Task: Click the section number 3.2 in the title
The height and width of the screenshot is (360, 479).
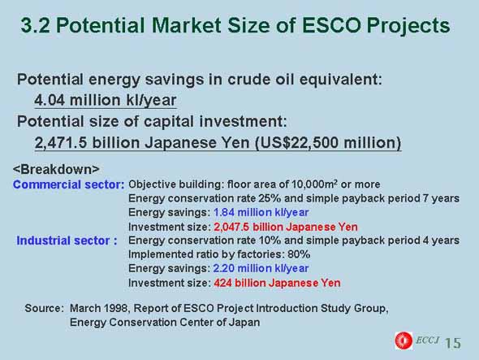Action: pyautogui.click(x=36, y=25)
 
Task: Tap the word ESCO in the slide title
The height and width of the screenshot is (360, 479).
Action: pyautogui.click(x=331, y=25)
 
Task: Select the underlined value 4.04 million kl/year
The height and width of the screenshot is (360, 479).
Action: pyautogui.click(x=106, y=100)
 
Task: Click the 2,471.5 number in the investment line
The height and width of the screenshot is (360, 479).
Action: pyautogui.click(x=61, y=143)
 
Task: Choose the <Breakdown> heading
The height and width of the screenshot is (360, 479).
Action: pyautogui.click(x=56, y=169)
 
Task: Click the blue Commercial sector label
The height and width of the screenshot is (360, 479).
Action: pyautogui.click(x=68, y=184)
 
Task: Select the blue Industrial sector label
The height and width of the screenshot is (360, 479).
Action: pyautogui.click(x=67, y=241)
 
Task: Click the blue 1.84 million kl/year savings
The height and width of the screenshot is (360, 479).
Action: pyautogui.click(x=261, y=212)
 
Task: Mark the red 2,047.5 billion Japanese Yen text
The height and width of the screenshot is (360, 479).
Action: pyautogui.click(x=286, y=227)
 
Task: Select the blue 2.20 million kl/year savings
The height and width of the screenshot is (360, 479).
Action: pyautogui.click(x=261, y=268)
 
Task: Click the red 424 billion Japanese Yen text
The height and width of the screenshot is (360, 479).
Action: pyautogui.click(x=277, y=283)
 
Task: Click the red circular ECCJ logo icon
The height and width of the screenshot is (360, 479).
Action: pyautogui.click(x=403, y=340)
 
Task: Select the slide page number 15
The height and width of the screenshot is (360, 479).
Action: pyautogui.click(x=453, y=343)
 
